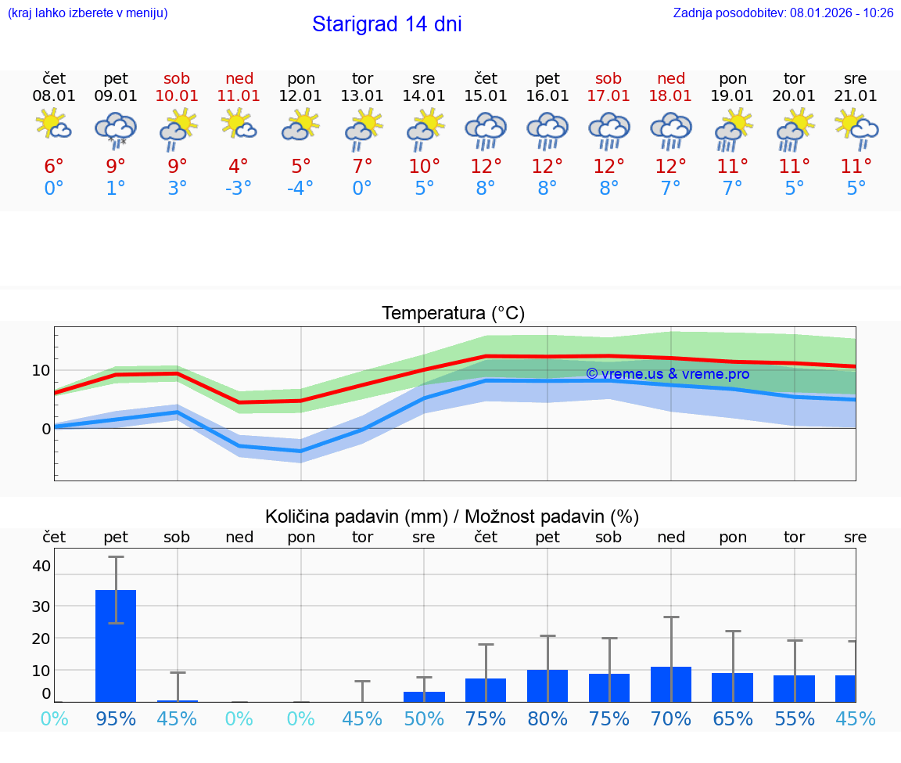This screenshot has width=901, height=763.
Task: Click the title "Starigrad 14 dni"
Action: (x=386, y=24)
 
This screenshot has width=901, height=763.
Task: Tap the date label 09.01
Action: (x=116, y=96)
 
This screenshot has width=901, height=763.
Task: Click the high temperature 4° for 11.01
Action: (x=239, y=167)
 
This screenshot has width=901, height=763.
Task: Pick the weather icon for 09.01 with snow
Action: (x=116, y=129)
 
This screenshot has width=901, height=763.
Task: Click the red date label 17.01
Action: (x=608, y=96)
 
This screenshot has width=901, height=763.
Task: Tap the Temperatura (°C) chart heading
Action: (x=453, y=314)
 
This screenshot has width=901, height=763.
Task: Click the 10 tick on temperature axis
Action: (x=41, y=370)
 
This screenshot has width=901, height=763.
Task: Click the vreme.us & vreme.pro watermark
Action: (x=667, y=374)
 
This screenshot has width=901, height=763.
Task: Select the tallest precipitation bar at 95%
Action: (x=116, y=645)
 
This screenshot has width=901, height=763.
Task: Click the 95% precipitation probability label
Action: (x=116, y=719)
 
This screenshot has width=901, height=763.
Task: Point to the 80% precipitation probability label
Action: (x=547, y=719)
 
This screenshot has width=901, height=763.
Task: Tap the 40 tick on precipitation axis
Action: (x=41, y=566)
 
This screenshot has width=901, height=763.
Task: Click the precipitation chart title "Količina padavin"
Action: (x=356, y=516)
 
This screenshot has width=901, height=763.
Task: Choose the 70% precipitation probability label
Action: (x=670, y=719)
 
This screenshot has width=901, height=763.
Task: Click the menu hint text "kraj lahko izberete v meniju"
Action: (x=88, y=13)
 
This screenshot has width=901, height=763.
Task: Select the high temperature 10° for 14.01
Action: (x=424, y=167)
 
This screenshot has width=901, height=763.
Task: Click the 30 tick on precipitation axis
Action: (x=41, y=606)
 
